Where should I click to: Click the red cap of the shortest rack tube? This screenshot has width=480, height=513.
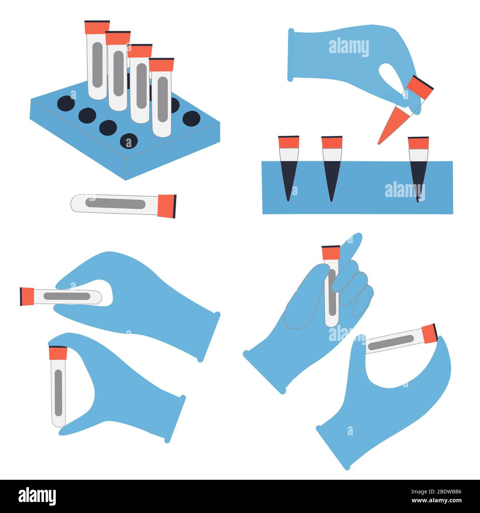pos(161,65)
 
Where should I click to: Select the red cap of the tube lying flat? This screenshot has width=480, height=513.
pos(167,206)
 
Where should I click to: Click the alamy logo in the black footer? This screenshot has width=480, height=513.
pos(37,496)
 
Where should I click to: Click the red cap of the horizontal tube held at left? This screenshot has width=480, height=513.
pos(27,296)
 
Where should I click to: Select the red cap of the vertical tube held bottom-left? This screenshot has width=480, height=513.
pos(58,353)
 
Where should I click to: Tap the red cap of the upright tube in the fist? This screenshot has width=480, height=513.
pos(331,252)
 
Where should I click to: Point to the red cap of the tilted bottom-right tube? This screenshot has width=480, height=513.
pos(429,333)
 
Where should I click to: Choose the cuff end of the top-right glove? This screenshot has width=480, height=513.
pos(291,55)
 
